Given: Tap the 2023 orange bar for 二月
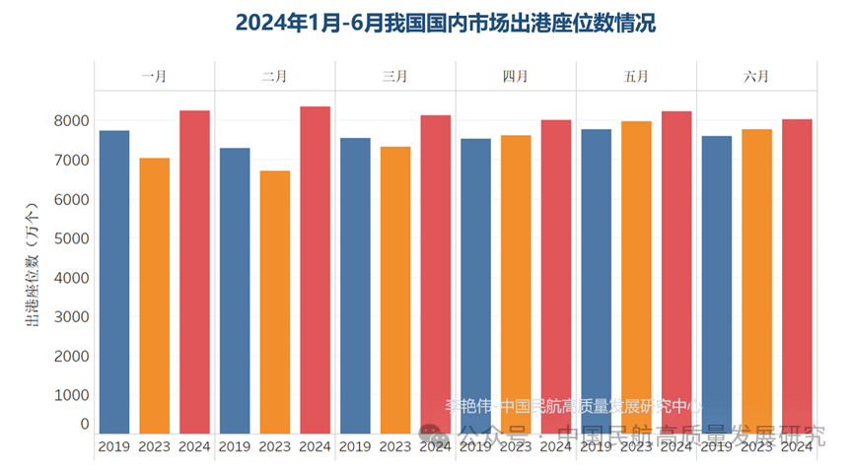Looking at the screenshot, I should (274, 302).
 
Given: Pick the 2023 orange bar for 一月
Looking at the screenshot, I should (155, 295).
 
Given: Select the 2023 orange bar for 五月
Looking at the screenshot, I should (636, 277).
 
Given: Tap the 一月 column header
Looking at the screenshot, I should (154, 76).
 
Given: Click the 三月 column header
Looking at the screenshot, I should (394, 76).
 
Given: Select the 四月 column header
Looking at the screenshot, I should (515, 76).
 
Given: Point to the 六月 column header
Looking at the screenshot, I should (756, 76).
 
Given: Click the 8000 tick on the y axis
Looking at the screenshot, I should (72, 121).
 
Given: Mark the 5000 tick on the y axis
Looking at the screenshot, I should (72, 238).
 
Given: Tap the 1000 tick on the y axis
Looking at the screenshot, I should (72, 395).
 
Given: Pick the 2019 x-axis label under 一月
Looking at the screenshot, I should (114, 446).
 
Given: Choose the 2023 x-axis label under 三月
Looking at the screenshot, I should (394, 446).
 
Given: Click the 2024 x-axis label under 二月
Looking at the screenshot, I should (315, 446).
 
